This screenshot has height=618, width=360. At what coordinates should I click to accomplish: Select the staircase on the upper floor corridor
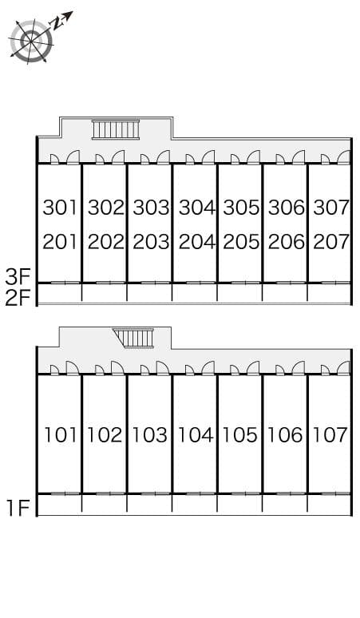click(116, 129)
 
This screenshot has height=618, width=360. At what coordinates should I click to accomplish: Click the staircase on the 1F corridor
click(134, 337)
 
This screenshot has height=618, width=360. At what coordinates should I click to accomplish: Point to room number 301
click(60, 208)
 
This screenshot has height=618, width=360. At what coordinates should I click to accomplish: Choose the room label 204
click(196, 241)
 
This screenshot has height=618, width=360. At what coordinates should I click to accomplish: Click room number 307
click(330, 208)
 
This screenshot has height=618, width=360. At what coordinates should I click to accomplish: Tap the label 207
click(330, 241)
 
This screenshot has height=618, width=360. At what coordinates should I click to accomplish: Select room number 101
click(60, 435)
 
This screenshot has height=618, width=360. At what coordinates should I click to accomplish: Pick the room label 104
click(196, 435)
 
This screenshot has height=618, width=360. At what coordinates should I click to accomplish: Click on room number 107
click(330, 435)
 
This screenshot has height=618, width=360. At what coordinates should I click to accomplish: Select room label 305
click(241, 208)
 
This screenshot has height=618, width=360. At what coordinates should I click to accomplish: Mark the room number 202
click(105, 241)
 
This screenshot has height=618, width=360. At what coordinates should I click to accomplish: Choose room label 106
click(286, 435)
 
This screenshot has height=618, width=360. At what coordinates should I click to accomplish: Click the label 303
click(151, 208)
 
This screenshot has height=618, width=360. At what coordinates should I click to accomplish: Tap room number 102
click(105, 435)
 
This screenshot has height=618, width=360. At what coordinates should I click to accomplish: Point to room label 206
click(286, 241)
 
